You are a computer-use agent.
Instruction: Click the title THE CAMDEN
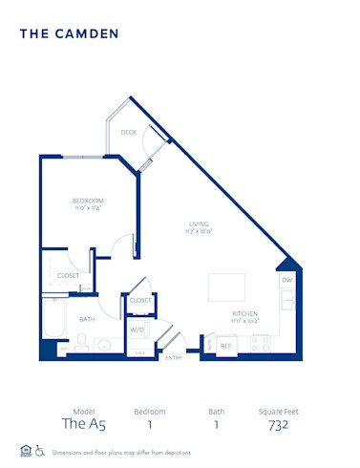tap(69, 33)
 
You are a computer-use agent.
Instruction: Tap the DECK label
tap(128, 132)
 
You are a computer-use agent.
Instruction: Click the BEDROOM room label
tap(88, 200)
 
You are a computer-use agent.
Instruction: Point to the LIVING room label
tap(199, 223)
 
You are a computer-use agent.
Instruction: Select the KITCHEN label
tap(244, 313)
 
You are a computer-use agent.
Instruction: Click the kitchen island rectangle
tap(227, 287)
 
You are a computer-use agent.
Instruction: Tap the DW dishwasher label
tap(286, 281)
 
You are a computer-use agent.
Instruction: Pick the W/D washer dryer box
tap(138, 331)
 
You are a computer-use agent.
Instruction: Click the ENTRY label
tap(174, 357)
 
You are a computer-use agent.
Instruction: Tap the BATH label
tap(87, 319)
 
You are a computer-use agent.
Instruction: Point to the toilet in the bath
tap(82, 343)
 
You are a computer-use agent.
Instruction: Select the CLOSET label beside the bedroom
tap(68, 275)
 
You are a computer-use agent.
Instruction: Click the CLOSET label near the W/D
tap(140, 300)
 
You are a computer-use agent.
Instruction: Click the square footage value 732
tap(278, 425)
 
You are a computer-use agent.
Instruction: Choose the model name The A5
tap(81, 425)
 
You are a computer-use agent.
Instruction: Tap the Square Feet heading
tap(278, 411)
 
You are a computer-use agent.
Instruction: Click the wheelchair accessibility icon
tap(41, 452)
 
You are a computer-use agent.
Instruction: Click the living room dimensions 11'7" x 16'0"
tap(199, 231)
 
